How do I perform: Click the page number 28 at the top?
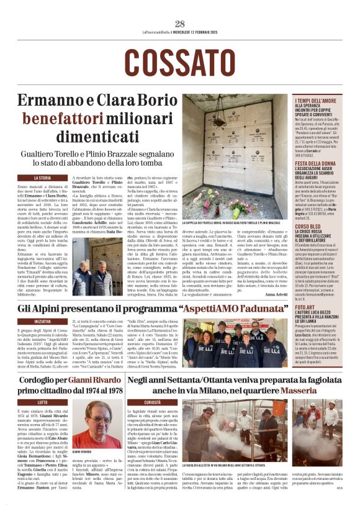180,24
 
